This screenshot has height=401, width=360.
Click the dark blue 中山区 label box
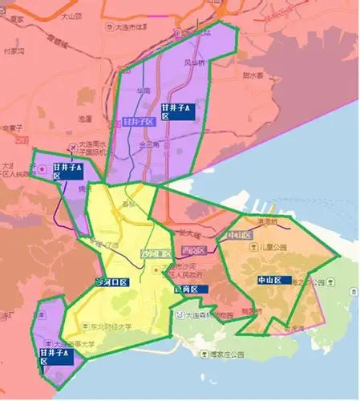pyautogui.click(x=269, y=281)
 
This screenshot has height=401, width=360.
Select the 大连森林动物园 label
pyautogui.click(x=210, y=316)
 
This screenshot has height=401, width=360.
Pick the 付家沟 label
pyautogui.click(x=14, y=50)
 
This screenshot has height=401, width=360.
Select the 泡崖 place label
pyautogui.click(x=85, y=119)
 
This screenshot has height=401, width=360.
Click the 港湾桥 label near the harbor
pyautogui.click(x=266, y=221)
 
